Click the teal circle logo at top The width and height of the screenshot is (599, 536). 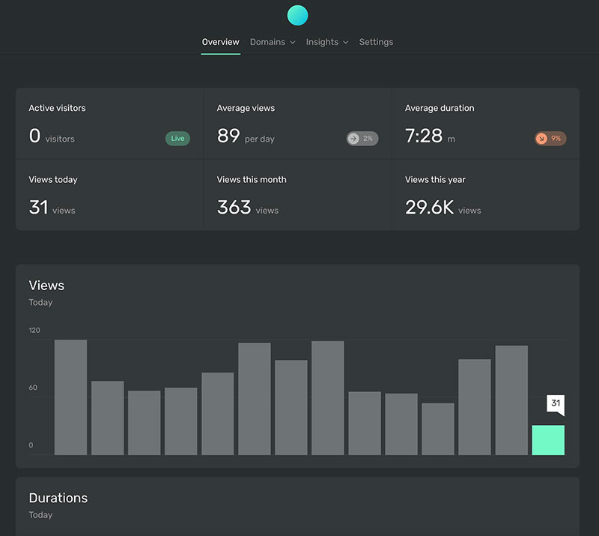pos(297,15)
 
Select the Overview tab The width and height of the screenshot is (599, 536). pos(220,42)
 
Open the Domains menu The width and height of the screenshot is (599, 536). pos(272,42)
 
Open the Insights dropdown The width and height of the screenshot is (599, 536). pos(326,42)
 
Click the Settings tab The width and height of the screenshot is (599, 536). pos(376,42)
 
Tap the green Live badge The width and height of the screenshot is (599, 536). pos(177,139)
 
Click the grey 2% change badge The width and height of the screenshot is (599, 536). pos(362,139)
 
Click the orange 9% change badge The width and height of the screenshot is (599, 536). pos(550,139)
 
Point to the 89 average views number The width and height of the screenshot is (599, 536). pos(228,136)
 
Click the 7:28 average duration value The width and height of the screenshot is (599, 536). pos(424,136)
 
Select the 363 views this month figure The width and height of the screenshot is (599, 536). pos(234,208)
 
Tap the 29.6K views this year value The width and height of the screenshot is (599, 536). pos(429,208)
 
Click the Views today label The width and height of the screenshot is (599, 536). pos(53,180)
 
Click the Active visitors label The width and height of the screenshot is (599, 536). pos(57,108)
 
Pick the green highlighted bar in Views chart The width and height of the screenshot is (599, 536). pos(548,440)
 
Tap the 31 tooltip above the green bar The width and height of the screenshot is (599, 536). pos(555,403)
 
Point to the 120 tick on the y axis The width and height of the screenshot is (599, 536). pos(34,331)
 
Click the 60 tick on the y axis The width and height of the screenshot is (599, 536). pos(33,388)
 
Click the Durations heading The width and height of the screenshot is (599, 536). pos(58,498)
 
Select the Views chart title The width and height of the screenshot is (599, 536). pos(46,286)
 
